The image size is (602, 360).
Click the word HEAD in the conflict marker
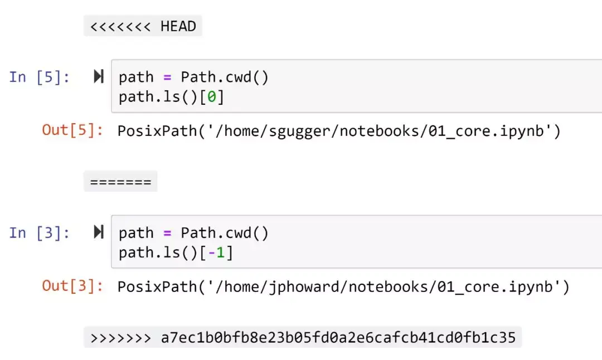pos(178,26)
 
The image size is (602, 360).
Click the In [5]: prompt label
pos(40,77)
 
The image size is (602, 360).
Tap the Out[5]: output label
pos(72,130)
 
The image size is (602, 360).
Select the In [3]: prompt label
pos(40,232)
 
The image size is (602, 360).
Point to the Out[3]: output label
pos(72,286)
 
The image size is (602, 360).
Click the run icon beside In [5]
pos(99,77)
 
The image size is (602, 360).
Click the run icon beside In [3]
pos(99,232)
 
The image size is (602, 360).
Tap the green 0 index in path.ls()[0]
pos(212,97)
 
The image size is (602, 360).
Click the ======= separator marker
pos(120,182)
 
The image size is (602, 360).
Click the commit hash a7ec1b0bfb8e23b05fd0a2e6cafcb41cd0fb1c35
pos(338,337)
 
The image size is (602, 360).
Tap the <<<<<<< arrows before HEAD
pos(120,26)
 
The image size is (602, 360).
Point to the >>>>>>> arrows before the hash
pos(120,337)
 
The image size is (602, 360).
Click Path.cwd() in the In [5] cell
pos(224,77)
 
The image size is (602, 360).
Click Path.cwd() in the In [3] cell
pos(224,232)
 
